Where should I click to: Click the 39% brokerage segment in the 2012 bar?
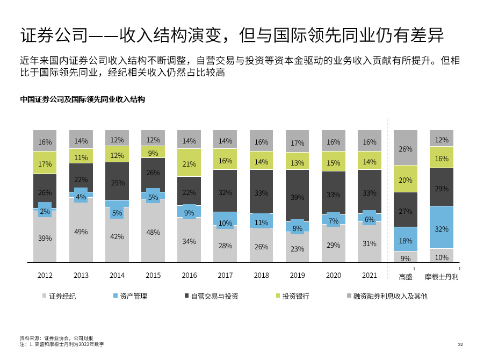click(x=45, y=238)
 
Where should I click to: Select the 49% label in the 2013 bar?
click(x=81, y=232)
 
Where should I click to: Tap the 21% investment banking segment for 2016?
click(x=189, y=164)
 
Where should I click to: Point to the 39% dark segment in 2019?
click(x=297, y=197)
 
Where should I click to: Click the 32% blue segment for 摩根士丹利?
click(x=441, y=228)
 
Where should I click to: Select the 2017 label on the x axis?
click(x=225, y=275)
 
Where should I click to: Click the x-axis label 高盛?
click(x=406, y=277)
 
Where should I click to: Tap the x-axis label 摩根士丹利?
click(x=442, y=277)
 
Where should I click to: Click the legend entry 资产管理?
click(x=133, y=296)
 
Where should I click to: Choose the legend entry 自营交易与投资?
click(x=214, y=296)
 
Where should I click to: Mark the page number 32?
click(x=460, y=344)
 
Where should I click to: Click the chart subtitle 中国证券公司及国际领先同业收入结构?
click(x=82, y=99)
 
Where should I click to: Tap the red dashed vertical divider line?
click(x=387, y=199)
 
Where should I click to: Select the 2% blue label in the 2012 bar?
click(x=45, y=211)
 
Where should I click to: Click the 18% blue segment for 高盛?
click(x=406, y=241)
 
